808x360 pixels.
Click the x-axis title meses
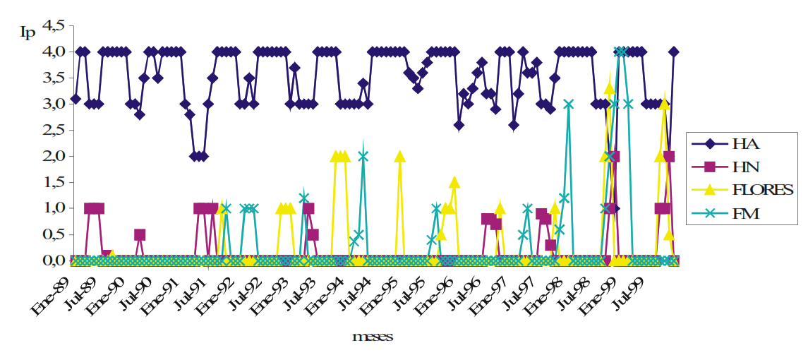tap(373, 337)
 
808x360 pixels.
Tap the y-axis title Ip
tap(27, 32)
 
